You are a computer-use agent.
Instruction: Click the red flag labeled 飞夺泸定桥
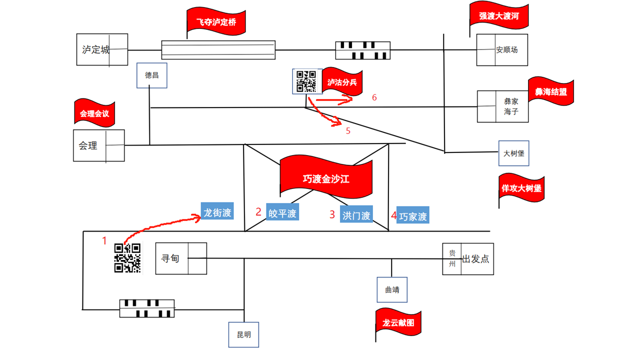point(216,22)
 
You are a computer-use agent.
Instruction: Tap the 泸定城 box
point(102,49)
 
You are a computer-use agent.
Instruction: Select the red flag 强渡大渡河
point(498,16)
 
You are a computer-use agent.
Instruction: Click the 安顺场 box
point(501,50)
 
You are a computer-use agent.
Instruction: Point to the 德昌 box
point(152,75)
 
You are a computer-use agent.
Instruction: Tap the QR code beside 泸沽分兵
point(305,81)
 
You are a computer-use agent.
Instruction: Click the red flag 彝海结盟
point(551,92)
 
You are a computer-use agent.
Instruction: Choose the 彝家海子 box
point(501,106)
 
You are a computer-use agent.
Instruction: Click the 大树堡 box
point(513,153)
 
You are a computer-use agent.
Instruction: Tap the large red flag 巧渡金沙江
point(326,178)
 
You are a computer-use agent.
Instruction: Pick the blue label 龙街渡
point(217,212)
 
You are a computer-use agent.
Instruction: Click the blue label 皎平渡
point(282,213)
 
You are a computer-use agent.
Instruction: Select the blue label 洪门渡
point(356,215)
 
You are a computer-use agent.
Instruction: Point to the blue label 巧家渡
point(413,216)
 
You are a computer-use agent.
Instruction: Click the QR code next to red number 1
point(127,257)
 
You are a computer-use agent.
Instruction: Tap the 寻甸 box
point(180,258)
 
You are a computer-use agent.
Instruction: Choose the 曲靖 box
point(392,289)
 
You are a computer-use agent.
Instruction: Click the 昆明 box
point(244,334)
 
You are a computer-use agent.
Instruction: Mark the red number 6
point(374,97)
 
